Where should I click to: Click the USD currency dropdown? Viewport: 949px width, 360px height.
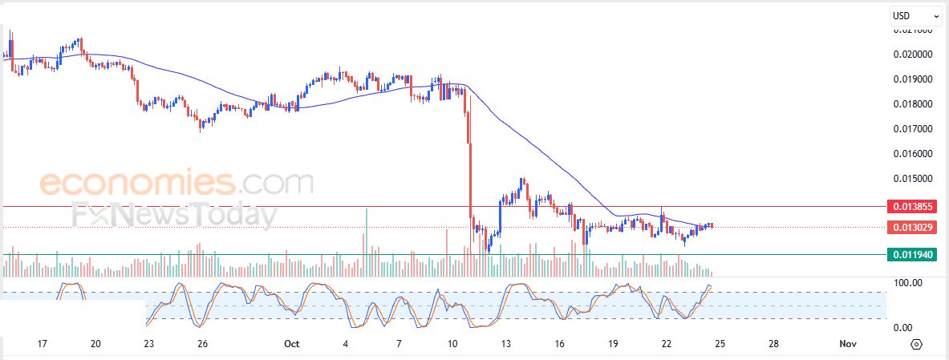click(915, 16)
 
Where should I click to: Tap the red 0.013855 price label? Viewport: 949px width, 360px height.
click(915, 206)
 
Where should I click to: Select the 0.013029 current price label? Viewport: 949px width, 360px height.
click(915, 227)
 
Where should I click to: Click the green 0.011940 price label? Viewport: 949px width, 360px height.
click(915, 255)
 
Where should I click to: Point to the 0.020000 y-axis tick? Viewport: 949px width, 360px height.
click(914, 55)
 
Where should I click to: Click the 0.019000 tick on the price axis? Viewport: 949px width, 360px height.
click(914, 79)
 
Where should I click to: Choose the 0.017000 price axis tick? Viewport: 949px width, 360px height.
click(914, 128)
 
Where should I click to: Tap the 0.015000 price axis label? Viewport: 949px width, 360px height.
click(914, 178)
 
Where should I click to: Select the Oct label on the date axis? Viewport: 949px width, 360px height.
click(291, 343)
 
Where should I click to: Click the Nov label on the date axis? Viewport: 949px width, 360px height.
click(848, 343)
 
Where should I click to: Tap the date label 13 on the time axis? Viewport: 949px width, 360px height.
click(506, 343)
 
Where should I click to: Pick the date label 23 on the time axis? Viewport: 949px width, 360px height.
click(148, 343)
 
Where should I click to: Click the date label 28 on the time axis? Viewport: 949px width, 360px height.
click(773, 343)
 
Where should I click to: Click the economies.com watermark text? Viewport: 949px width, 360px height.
click(176, 184)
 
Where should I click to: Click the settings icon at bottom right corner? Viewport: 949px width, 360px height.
click(917, 344)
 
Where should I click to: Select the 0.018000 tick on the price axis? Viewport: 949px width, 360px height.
click(914, 103)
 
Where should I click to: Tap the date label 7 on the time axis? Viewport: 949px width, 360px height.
click(399, 343)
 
